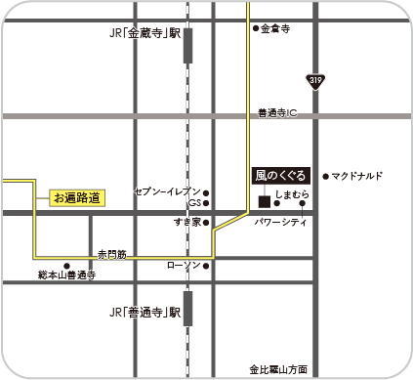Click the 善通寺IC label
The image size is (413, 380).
point(277,113)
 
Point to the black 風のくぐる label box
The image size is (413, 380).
point(279,176)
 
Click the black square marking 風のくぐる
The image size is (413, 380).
point(264,201)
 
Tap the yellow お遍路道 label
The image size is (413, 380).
point(75,198)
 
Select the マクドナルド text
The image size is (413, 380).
point(356,176)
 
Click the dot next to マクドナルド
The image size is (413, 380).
point(325,176)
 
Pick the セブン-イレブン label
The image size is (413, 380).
point(167,191)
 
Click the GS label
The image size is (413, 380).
point(194,203)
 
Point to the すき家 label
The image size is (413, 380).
point(186,223)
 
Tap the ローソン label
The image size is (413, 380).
point(184,265)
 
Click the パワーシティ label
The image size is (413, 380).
point(280,223)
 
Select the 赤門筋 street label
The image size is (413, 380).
point(111,254)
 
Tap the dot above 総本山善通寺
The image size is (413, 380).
point(67,265)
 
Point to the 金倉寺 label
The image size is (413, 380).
point(276,29)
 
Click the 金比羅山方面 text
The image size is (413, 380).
point(277,369)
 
